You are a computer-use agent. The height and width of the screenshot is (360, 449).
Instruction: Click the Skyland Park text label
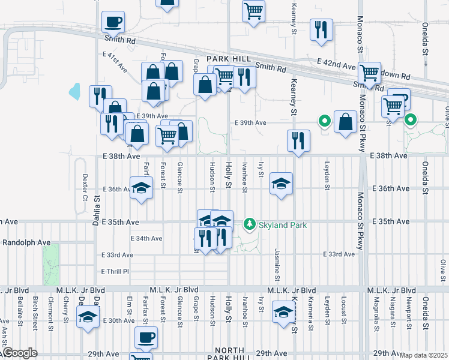[283, 225]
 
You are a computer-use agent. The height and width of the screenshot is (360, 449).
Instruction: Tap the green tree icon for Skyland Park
[250, 224]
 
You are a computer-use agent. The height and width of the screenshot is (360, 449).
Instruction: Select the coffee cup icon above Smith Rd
[113, 23]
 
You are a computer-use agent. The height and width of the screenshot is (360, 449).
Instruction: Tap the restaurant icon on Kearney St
[298, 141]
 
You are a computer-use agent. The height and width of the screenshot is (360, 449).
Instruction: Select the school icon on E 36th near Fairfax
[141, 188]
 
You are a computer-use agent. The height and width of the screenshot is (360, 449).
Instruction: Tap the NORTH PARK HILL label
[229, 353]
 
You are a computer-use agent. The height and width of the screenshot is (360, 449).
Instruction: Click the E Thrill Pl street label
[115, 271]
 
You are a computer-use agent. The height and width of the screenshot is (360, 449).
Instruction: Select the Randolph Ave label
[26, 242]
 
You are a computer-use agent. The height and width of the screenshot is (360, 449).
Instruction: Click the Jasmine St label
[277, 264]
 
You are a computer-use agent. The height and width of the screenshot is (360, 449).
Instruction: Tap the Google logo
[19, 353]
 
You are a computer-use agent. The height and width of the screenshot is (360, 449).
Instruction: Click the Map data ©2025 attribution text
[423, 355]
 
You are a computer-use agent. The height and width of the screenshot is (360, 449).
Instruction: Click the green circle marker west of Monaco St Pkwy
[325, 121]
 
